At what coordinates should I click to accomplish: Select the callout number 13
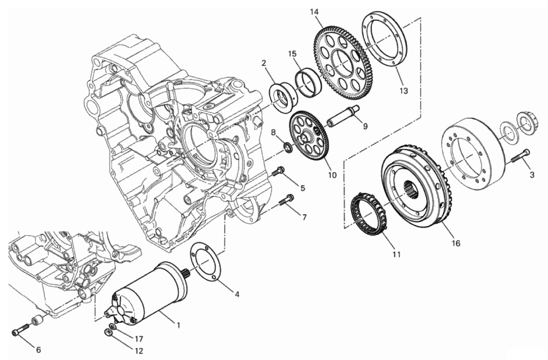404,91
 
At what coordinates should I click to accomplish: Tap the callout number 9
365,126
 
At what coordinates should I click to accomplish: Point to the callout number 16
456,243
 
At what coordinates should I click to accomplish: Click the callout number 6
39,349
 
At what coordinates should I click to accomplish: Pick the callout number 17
139,338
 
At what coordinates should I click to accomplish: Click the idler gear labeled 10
309,136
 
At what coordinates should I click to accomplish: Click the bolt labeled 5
279,172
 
